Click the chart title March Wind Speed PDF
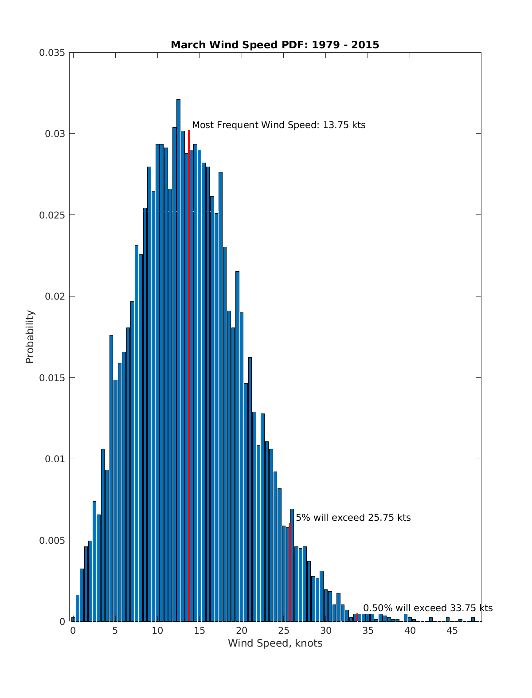pos(275,45)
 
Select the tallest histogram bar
pos(178,355)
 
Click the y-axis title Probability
pos(30,337)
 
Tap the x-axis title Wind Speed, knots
pos(275,643)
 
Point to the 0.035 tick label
pos(52,53)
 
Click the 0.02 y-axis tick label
pos(55,296)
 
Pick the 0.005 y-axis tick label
pos(52,540)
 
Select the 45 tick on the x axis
pos(452,631)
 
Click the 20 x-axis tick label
pos(241,631)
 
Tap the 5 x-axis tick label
pos(115,631)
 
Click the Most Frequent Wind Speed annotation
pos(278,125)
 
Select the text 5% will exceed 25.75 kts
pos(353,518)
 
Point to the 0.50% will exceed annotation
pos(428,608)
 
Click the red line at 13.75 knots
pos(189,377)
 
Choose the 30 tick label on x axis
pos(325,631)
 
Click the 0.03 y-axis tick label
pos(55,134)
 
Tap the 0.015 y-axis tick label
pos(52,378)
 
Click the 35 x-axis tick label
pos(368,631)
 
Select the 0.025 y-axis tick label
pos(52,215)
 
